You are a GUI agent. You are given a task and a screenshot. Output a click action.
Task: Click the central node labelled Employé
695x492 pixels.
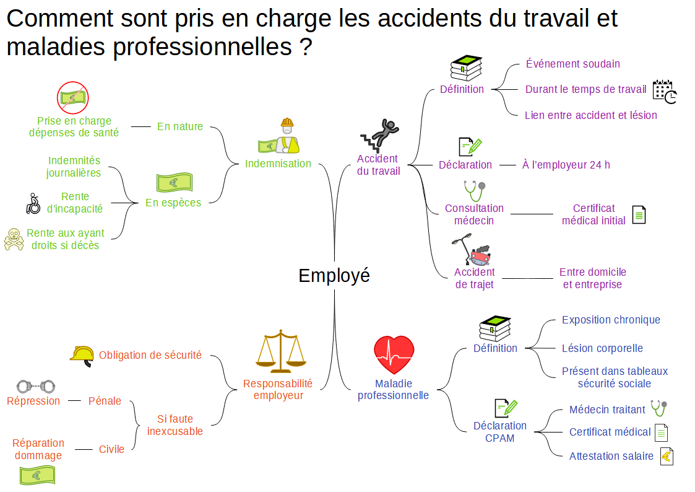[334, 275]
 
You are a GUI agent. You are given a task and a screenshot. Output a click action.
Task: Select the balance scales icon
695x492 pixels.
[281, 351]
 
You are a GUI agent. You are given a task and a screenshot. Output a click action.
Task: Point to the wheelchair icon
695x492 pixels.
[33, 203]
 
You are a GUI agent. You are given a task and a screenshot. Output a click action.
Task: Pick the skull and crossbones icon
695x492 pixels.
[14, 239]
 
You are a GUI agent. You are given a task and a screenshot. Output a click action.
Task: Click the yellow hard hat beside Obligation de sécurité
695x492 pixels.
[82, 354]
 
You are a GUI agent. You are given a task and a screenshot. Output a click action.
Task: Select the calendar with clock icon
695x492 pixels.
[665, 92]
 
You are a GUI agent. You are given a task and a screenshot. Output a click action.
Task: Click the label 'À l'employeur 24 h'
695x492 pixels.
[566, 165]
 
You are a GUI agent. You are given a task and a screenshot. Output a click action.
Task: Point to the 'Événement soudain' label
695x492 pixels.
[572, 64]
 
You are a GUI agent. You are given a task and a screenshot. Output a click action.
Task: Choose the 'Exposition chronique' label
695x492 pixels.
[611, 320]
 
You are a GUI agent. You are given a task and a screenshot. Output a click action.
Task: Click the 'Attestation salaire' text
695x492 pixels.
[611, 457]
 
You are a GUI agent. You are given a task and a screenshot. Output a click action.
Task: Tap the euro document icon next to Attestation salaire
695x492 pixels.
[667, 457]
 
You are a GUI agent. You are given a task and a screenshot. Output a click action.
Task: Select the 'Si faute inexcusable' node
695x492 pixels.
[175, 425]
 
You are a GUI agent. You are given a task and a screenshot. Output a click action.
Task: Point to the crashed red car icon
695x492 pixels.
[480, 255]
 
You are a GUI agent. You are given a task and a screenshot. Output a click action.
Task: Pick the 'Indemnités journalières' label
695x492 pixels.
[74, 167]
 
